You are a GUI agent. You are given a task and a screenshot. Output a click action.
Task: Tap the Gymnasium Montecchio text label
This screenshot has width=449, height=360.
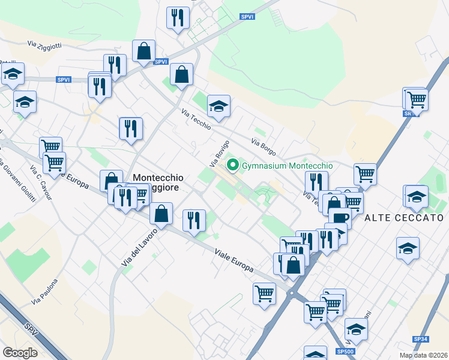287,166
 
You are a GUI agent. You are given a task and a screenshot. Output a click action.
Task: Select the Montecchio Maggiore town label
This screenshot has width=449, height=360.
157,183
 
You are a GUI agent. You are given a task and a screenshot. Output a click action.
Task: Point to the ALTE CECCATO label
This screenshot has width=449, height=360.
404,218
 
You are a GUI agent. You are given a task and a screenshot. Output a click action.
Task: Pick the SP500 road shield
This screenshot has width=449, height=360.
345,351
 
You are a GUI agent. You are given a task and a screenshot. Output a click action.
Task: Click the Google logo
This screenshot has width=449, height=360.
20,352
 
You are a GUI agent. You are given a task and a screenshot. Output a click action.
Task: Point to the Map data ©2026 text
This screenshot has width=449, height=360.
424,355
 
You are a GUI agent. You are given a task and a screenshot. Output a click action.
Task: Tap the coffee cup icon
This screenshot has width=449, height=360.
339,217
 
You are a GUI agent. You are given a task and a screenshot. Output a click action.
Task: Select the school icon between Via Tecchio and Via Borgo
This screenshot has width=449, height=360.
219,106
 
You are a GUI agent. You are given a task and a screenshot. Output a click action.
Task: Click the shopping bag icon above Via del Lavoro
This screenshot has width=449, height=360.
161,213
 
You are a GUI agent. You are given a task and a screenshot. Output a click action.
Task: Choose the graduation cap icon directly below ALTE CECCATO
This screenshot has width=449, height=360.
408,248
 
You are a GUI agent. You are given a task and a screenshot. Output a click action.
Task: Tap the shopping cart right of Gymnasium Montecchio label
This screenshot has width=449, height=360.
365,175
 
